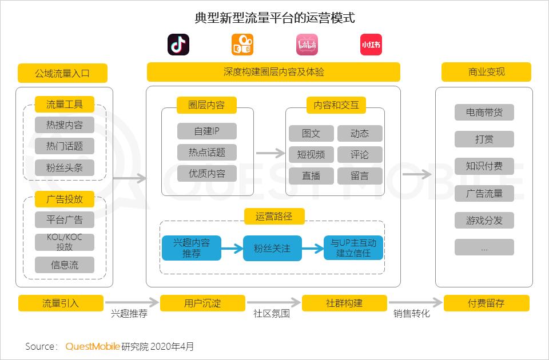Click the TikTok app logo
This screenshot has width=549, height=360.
point(178,45)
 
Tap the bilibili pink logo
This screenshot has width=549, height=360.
point(307,45)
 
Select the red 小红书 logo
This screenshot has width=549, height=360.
point(371,45)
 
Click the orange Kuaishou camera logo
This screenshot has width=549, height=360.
point(242,45)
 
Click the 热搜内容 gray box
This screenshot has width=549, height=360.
point(65,125)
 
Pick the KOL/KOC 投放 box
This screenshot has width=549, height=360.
point(65,242)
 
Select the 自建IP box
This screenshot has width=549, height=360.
point(207,131)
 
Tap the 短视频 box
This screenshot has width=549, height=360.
point(311,154)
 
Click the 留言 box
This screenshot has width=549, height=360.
point(360,175)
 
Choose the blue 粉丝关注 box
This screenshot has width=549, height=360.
point(272,248)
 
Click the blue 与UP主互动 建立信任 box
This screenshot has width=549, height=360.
point(353,248)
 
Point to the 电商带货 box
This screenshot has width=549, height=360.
point(484,113)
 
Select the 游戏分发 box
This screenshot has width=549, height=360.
point(484,221)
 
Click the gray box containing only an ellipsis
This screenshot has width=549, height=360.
point(484,247)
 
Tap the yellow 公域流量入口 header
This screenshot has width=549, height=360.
point(62,73)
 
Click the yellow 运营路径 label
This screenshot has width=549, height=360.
point(274,216)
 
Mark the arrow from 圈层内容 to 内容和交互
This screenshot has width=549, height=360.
point(270,153)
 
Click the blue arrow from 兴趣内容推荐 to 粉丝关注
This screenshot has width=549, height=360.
point(232,249)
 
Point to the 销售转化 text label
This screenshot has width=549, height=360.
point(411,314)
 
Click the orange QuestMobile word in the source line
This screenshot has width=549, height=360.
point(93,346)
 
